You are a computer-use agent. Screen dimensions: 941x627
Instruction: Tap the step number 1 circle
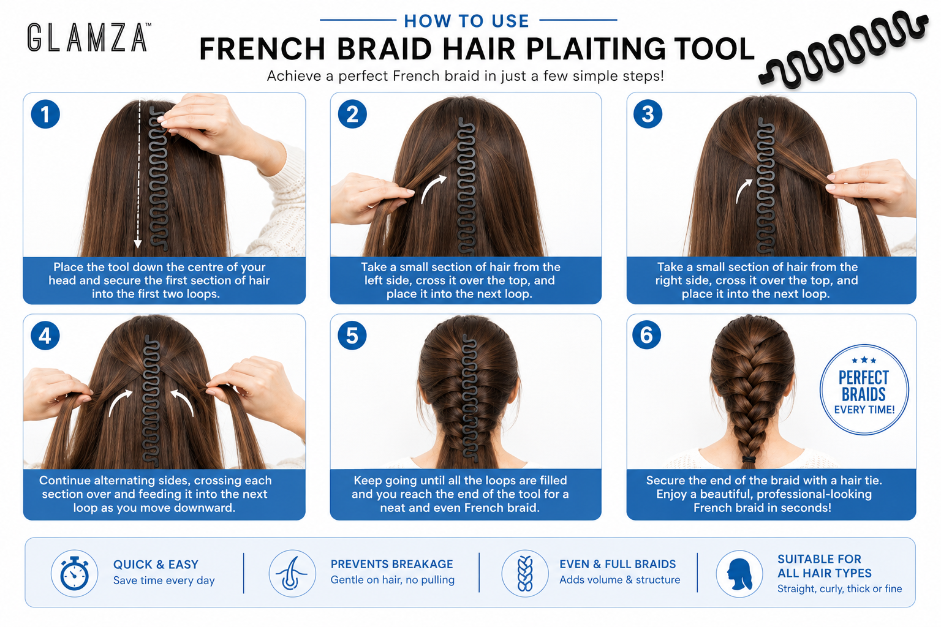coord(45,115)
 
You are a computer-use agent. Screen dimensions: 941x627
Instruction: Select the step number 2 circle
coord(352,115)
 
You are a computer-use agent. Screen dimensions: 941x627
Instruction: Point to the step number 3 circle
coord(648,115)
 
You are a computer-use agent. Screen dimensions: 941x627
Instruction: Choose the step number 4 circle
coord(45,336)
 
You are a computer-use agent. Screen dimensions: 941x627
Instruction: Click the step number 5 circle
coord(352,336)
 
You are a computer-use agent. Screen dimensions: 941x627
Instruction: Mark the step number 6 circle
coord(647,335)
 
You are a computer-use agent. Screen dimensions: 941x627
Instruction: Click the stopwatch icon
coord(74,573)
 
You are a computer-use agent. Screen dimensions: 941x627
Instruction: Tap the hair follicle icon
coord(292,573)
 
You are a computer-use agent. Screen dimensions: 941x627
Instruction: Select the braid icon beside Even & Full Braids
coord(525,573)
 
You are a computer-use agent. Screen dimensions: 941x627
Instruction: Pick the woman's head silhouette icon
coord(739,574)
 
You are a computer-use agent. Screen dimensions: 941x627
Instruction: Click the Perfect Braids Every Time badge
coord(864,389)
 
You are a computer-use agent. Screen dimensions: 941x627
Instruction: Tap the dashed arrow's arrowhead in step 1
coord(137,244)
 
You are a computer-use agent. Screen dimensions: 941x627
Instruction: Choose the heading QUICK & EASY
coord(156,564)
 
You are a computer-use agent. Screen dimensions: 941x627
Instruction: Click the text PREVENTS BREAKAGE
coord(391,563)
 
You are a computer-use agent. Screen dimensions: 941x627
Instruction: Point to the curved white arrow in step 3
coord(743,190)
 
